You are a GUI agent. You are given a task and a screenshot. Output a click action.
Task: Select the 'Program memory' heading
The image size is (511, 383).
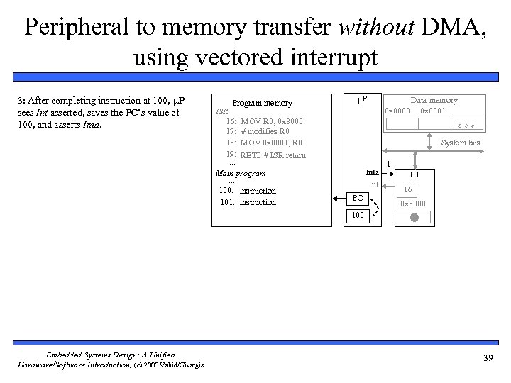[263, 103]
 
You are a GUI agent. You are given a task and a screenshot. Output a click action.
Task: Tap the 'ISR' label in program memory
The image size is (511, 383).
[221, 112]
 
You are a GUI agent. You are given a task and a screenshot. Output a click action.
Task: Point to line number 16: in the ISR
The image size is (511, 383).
[231, 121]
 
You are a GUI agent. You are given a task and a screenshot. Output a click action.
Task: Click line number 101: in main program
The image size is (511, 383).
[228, 202]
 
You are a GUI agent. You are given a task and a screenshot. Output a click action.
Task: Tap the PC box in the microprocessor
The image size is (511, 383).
[358, 198]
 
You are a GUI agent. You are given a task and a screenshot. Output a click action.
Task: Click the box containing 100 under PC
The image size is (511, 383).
[358, 213]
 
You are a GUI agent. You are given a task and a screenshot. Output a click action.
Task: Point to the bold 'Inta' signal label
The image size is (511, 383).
[372, 172]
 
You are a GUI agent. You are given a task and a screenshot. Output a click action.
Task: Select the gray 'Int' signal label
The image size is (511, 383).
[373, 184]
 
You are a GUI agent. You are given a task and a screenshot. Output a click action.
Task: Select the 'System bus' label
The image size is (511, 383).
[460, 143]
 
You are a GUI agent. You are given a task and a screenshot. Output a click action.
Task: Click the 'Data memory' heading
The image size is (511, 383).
[434, 100]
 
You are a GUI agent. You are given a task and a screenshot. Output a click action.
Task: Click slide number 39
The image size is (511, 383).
[487, 357]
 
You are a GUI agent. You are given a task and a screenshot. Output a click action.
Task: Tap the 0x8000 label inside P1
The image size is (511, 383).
[413, 204]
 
